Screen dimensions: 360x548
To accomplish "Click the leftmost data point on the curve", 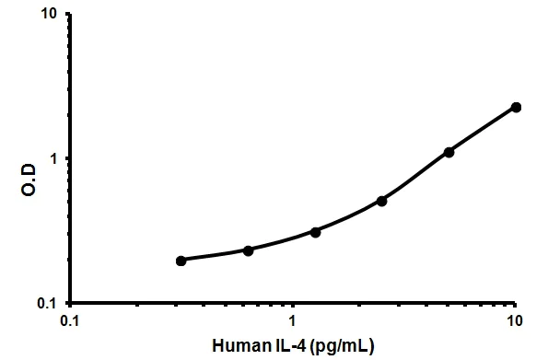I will click(x=181, y=261).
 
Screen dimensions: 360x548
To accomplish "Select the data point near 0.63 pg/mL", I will click(x=249, y=250).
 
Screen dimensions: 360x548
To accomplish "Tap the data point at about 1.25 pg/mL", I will click(x=316, y=232).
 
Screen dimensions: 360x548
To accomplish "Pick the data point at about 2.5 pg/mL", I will click(x=382, y=201).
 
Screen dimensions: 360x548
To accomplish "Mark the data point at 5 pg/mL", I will click(x=449, y=152).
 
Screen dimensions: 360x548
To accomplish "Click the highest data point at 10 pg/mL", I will click(x=516, y=108).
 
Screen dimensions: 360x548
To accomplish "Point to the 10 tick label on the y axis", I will click(x=50, y=15).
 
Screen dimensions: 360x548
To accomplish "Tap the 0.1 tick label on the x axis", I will click(x=69, y=321).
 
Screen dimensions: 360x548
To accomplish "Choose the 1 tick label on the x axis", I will click(x=293, y=321).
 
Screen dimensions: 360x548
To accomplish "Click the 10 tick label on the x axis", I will click(x=516, y=321).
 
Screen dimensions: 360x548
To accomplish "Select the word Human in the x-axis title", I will click(x=239, y=345).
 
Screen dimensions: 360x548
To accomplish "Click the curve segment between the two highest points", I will click(x=483, y=129).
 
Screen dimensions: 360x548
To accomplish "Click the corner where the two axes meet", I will click(x=70, y=303).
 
